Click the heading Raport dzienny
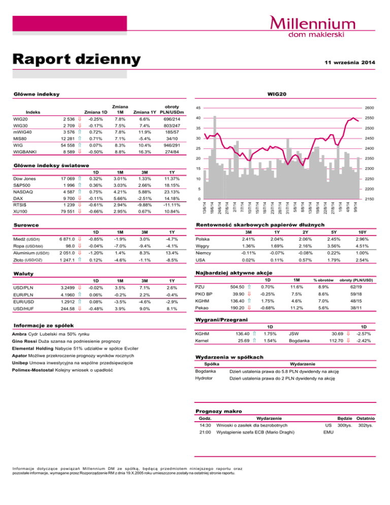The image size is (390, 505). [76, 59]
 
